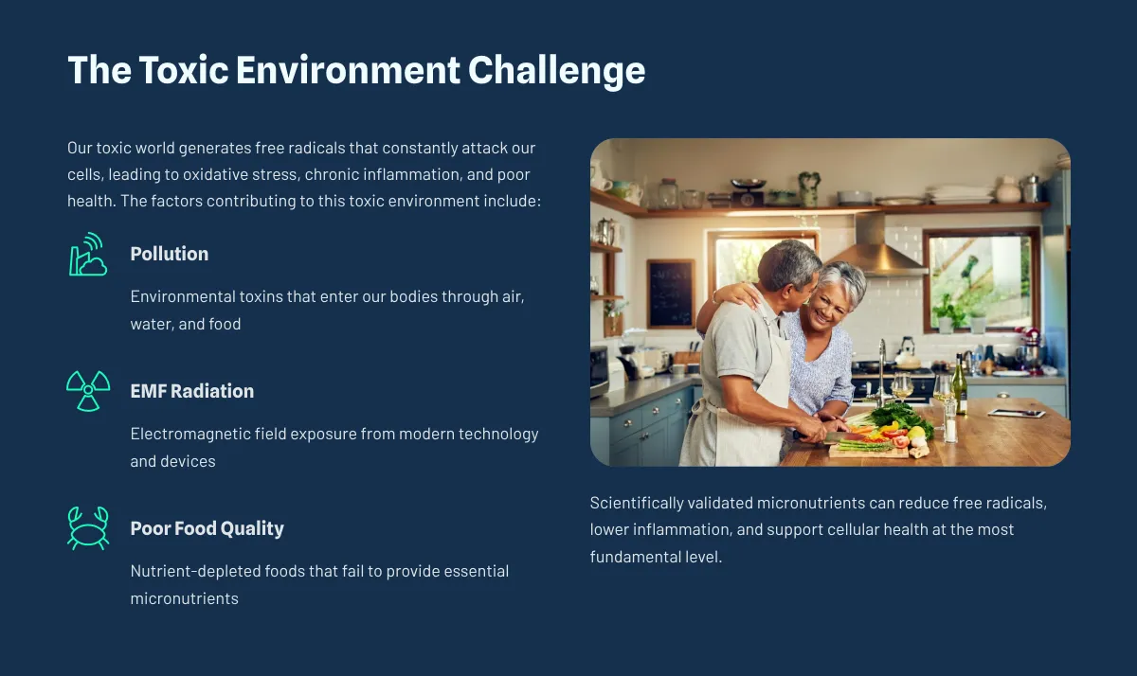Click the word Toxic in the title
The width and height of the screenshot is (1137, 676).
click(183, 69)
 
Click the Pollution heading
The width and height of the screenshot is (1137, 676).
click(169, 254)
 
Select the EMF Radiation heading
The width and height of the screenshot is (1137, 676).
click(191, 391)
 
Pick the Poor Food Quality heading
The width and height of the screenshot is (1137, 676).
click(208, 528)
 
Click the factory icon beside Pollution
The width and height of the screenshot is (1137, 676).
click(88, 254)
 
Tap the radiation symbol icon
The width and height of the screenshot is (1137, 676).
click(88, 390)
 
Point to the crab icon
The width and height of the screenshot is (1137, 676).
click(88, 528)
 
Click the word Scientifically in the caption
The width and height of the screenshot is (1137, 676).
click(637, 503)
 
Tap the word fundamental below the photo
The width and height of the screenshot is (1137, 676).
click(635, 557)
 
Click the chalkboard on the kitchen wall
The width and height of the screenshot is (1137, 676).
click(671, 294)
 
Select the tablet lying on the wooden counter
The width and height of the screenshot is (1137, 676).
click(1016, 414)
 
